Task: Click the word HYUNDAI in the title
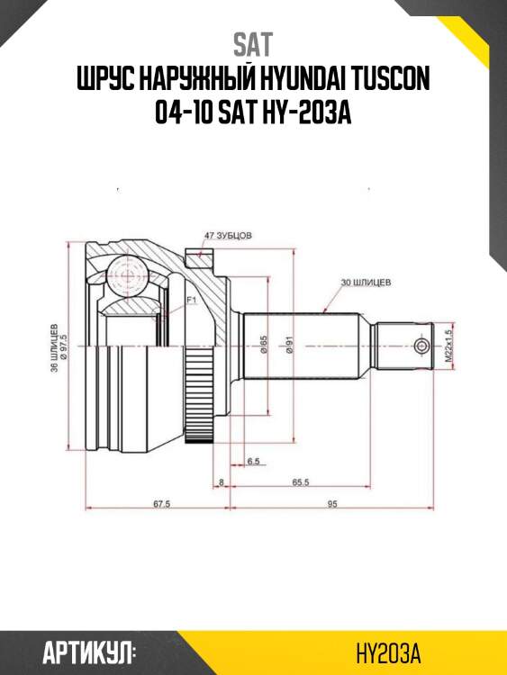(302, 82)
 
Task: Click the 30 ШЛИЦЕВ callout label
(366, 283)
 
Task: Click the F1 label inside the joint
(191, 299)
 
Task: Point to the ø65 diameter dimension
(264, 346)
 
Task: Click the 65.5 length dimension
(301, 482)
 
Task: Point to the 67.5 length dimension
(162, 504)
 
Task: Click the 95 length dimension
(332, 504)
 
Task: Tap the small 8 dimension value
(222, 482)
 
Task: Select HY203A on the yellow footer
(389, 651)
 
